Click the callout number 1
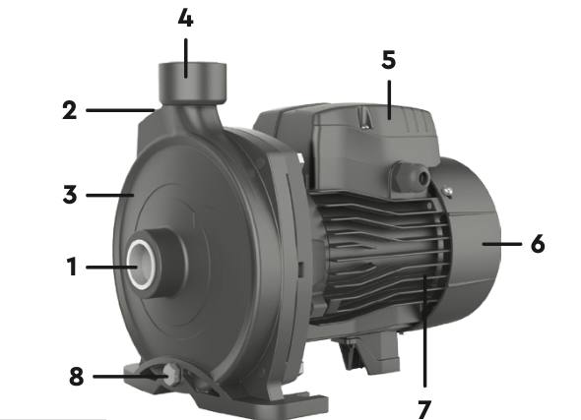(72, 267)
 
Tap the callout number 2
(70, 110)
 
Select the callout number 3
(70, 195)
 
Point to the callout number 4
(186, 18)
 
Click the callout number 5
(389, 60)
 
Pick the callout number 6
(538, 244)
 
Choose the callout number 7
(424, 409)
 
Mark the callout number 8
(77, 377)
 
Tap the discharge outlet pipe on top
(193, 84)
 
